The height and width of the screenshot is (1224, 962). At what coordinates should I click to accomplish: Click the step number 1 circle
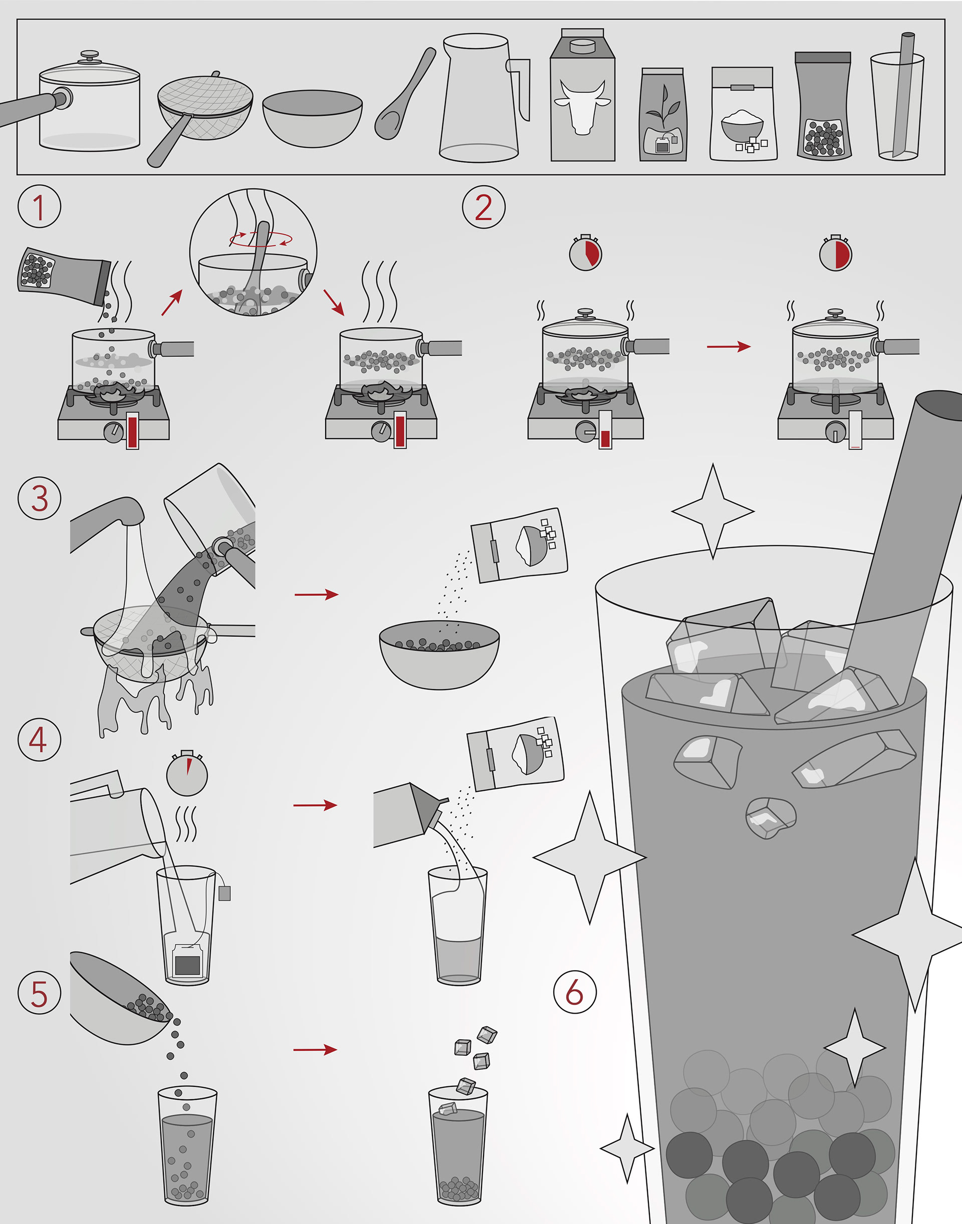(40, 207)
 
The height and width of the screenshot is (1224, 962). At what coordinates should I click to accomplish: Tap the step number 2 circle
(484, 207)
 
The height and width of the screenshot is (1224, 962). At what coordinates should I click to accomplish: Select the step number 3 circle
(40, 498)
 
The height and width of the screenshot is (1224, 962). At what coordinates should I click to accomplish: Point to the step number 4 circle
(40, 740)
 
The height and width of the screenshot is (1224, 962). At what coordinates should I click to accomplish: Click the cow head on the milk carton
(582, 106)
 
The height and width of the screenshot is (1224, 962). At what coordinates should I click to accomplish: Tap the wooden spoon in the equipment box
(404, 95)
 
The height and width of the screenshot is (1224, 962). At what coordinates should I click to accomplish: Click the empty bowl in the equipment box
(312, 118)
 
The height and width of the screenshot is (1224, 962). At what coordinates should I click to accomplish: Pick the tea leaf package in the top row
(663, 115)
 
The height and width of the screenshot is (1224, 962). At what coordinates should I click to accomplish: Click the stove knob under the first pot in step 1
(113, 432)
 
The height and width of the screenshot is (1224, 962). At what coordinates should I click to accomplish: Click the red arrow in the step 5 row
(316, 1049)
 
